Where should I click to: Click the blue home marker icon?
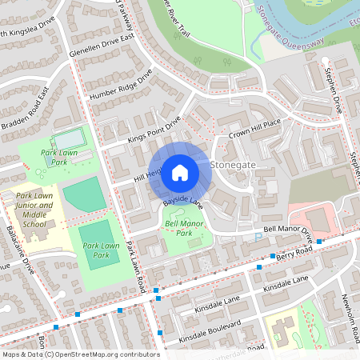pos(180,171)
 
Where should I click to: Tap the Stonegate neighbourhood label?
pos(233,164)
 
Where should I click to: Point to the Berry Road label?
pos(288,256)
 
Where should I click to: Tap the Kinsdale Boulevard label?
pos(210,333)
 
